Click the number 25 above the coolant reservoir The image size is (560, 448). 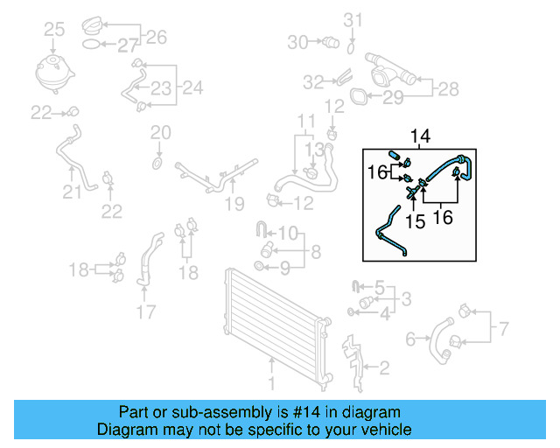[54, 31]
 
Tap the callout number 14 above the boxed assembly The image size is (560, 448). [421, 136]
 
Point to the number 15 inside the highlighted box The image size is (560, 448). [416, 222]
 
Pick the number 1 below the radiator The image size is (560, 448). [271, 383]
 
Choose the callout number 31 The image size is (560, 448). [352, 19]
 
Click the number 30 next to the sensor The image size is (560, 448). [297, 41]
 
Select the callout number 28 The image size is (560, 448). [448, 88]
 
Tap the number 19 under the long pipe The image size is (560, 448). [232, 205]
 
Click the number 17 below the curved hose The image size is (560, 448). [145, 311]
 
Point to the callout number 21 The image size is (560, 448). [68, 192]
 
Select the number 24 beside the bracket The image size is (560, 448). [192, 87]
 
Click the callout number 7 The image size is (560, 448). [503, 330]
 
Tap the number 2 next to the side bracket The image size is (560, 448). [383, 367]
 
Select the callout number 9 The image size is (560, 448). [284, 266]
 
